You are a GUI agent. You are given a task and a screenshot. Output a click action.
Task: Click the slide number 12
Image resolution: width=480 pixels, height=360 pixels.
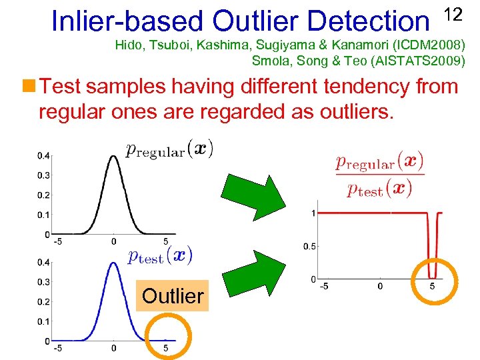[453, 14]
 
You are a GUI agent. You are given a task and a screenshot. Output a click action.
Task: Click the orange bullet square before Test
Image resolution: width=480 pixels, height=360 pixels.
[29, 85]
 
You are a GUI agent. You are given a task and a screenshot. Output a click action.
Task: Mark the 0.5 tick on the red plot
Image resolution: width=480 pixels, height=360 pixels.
[310, 247]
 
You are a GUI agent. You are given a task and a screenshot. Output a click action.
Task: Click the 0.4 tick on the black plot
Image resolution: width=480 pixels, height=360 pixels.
[42, 155]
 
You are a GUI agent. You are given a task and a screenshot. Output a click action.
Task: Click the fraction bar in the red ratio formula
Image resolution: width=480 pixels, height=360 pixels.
[379, 175]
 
